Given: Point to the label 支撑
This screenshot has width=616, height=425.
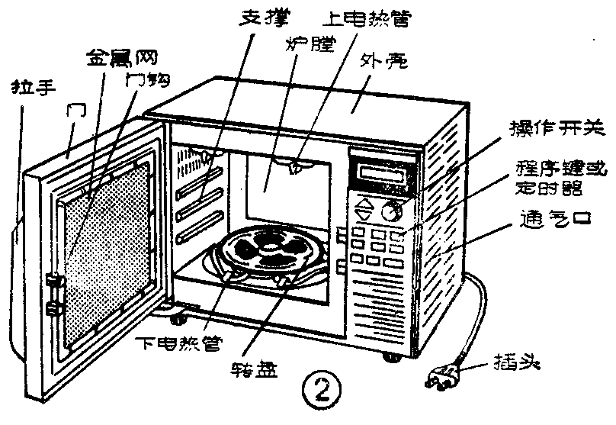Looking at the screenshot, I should tap(258, 16).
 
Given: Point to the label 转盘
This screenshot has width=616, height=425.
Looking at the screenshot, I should tap(251, 372).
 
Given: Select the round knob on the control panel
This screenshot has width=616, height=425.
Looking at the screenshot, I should tap(391, 211).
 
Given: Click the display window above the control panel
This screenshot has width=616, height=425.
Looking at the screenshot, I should tap(383, 172).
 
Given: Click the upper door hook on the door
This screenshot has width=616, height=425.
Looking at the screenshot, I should tap(53, 281).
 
